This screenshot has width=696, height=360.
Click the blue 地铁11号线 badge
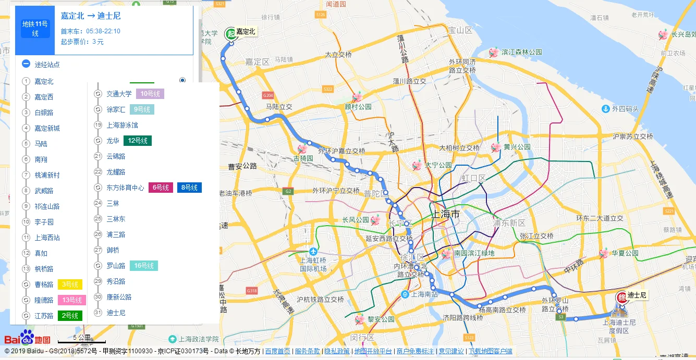click(35, 29)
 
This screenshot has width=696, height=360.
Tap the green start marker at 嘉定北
click(230, 34)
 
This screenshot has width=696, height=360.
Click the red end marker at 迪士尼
click(622, 297)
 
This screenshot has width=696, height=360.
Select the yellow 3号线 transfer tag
click(70, 284)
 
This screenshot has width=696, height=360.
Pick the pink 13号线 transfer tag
click(72, 300)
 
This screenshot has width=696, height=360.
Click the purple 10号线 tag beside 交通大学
click(150, 94)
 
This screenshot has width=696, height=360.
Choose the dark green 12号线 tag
click(138, 141)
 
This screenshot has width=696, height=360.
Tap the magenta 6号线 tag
click(161, 188)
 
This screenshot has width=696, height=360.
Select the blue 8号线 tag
click(189, 188)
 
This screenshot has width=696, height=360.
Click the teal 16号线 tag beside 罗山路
click(143, 266)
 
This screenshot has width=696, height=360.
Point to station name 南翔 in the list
click(41, 159)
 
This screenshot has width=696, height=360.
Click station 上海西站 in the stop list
click(47, 238)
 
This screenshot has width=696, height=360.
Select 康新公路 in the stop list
click(119, 297)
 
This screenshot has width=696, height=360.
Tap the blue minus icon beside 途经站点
click(26, 64)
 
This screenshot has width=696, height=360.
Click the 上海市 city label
click(446, 214)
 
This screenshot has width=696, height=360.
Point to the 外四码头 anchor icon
click(605, 109)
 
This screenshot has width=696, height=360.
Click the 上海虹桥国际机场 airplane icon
click(312, 251)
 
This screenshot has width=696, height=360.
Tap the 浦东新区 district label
click(509, 223)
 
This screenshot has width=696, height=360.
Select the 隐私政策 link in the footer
click(337, 351)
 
